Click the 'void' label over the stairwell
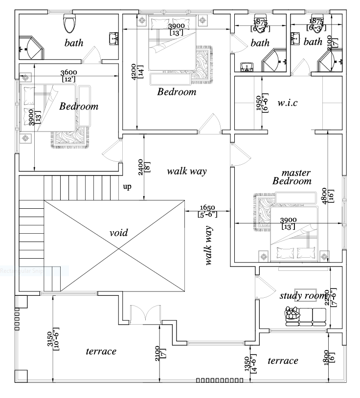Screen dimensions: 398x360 (x=118, y=233)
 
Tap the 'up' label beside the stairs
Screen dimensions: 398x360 (x=127, y=186)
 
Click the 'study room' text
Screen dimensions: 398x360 (x=302, y=296)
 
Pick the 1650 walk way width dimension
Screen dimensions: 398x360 (x=206, y=211)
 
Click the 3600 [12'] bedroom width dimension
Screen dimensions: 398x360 (x=68, y=76)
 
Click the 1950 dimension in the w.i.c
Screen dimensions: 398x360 (x=262, y=103)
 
